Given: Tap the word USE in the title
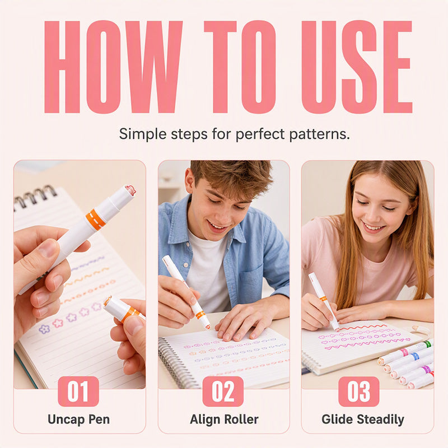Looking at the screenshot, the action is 357,67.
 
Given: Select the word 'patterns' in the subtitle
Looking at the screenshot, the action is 319,134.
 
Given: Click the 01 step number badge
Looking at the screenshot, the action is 78,391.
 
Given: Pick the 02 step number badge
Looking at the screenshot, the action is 223,391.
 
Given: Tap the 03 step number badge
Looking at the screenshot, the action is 358,391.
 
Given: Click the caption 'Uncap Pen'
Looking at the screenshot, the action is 78,419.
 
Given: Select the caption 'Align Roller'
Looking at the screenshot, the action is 224,419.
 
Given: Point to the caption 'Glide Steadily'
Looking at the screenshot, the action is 362,419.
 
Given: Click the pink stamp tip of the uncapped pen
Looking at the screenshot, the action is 130,190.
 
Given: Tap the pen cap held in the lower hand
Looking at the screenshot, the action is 123,310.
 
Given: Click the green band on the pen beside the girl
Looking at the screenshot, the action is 427,344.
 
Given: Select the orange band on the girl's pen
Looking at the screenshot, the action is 323,298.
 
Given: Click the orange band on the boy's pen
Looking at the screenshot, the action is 200,315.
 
